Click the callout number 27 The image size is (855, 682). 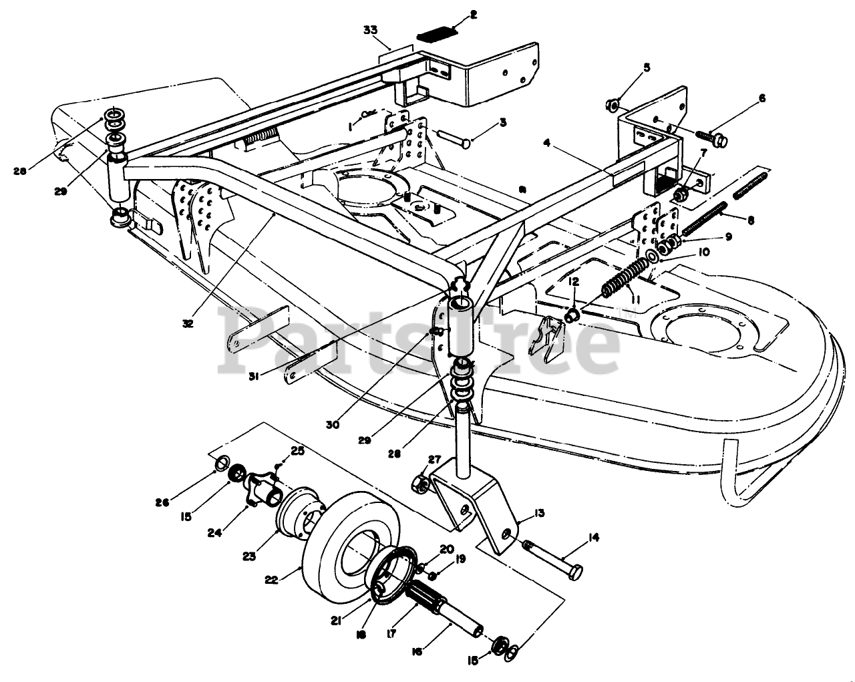coord(435,459)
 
